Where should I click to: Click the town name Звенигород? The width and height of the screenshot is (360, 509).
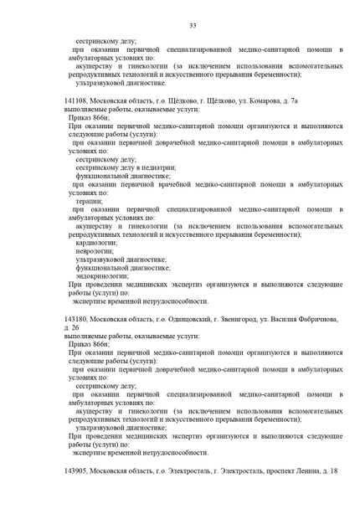[x=229, y=319]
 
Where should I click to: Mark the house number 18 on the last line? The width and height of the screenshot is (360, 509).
[x=333, y=472]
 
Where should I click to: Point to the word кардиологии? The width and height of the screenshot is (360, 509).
[x=95, y=243]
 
